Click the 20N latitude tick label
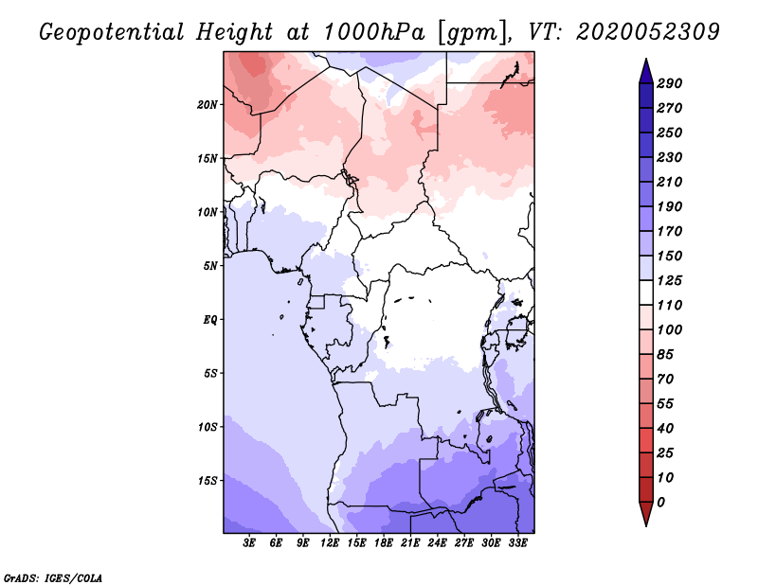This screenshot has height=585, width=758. tap(208, 104)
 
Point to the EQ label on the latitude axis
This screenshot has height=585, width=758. tap(209, 320)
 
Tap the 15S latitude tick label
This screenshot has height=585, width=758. tap(208, 481)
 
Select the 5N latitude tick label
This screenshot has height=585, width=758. tap(210, 266)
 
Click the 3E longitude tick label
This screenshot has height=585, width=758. tap(250, 544)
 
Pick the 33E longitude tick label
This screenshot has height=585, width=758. tap(517, 544)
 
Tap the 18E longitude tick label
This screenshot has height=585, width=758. tap(384, 544)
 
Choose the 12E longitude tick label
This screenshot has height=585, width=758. tap(331, 544)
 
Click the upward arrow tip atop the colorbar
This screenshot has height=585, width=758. tap(645, 62)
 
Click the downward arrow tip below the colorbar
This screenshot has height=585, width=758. tap(645, 523)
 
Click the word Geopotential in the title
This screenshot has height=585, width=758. tap(112, 31)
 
